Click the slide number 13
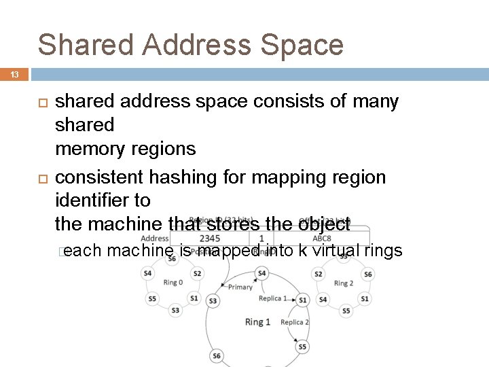click(x=15, y=75)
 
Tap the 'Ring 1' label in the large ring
click(x=258, y=321)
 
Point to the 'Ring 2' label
click(x=344, y=282)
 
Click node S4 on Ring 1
click(x=261, y=273)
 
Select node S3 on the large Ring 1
click(x=213, y=300)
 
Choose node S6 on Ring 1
click(x=217, y=355)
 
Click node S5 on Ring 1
click(x=302, y=347)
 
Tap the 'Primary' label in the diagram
click(x=240, y=287)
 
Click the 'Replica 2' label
click(x=295, y=322)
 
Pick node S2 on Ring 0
click(x=196, y=273)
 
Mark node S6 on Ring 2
click(x=367, y=273)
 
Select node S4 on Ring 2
click(x=323, y=299)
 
